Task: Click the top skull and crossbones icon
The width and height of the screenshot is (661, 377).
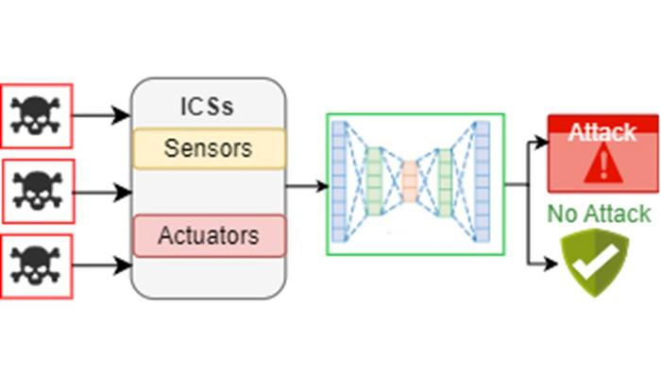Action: point(36,116)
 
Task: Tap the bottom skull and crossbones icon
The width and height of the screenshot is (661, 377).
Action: point(36,266)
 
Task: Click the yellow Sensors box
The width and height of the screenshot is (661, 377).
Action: point(209,148)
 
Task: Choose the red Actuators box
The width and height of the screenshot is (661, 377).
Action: point(209,235)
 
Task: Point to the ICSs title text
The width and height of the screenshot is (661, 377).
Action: point(208,107)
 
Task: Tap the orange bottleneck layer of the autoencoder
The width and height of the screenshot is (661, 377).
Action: point(409,181)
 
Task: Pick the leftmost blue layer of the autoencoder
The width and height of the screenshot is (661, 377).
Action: point(340,182)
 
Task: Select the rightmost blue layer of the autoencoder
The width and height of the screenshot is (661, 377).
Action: point(483,182)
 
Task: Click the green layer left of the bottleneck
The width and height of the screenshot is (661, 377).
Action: point(374,182)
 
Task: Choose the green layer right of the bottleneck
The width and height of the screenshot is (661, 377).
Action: point(445,182)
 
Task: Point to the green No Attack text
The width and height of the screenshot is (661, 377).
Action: point(600,214)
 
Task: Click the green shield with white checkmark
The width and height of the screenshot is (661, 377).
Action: point(595,262)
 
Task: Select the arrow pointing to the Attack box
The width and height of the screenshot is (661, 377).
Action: point(537,143)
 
